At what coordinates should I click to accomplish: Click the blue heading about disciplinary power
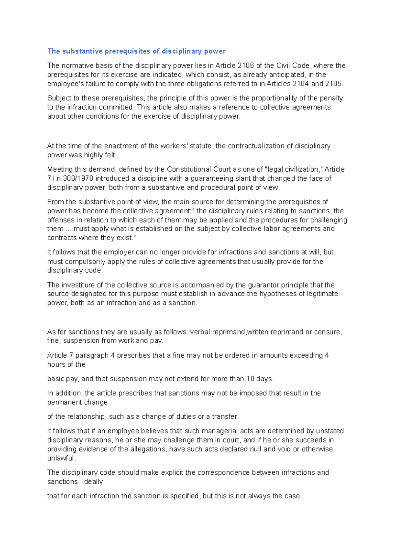click(x=136, y=51)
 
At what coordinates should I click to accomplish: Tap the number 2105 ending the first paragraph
click(x=333, y=84)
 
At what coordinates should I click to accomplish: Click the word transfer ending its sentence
click(x=225, y=416)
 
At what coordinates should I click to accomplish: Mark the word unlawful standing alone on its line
click(x=61, y=458)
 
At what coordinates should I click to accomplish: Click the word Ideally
click(x=92, y=481)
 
